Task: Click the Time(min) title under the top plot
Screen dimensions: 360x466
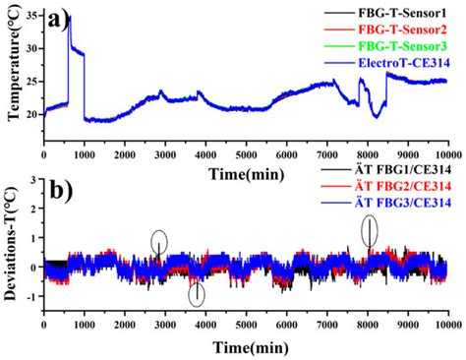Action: point(245,173)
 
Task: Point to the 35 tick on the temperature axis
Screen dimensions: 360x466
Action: point(31,17)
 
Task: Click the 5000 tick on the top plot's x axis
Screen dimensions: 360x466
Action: point(245,155)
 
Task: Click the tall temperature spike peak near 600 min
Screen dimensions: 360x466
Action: point(68,17)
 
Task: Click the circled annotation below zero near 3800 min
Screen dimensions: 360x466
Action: point(197,292)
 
